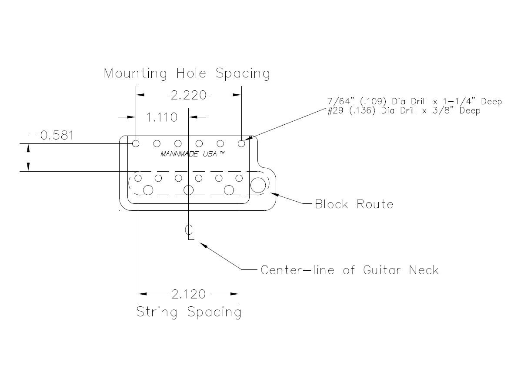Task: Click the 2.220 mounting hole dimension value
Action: click(x=188, y=95)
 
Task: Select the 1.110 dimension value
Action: click(x=162, y=117)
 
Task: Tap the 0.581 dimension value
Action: click(x=57, y=135)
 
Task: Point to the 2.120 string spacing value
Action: click(x=188, y=295)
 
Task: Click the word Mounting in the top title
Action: click(x=135, y=73)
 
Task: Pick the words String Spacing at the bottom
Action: click(x=189, y=312)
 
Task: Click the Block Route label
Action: click(x=354, y=204)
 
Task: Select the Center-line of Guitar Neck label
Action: click(x=349, y=270)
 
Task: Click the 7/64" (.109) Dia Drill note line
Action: click(x=414, y=102)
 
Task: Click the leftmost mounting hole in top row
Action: click(x=136, y=143)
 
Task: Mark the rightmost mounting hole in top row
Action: click(x=241, y=143)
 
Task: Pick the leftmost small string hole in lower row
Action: click(x=138, y=178)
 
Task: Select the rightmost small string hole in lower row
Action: click(x=239, y=178)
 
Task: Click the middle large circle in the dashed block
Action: click(x=188, y=190)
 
